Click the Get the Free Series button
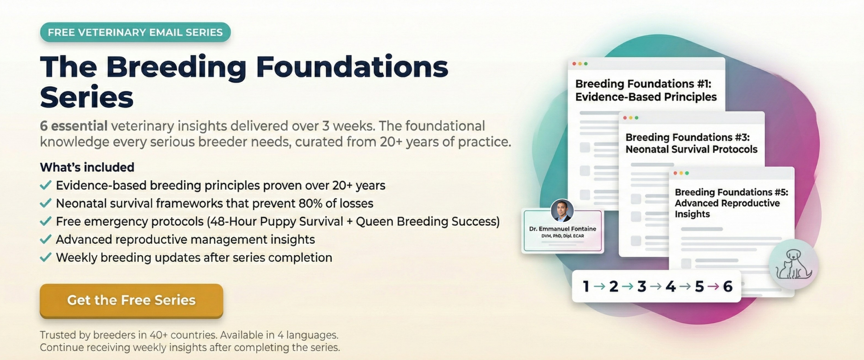(131, 300)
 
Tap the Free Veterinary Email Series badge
(135, 32)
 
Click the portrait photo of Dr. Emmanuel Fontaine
(562, 211)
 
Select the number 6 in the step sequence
(728, 286)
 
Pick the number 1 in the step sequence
(586, 286)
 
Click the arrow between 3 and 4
(656, 286)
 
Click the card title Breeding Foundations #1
(643, 84)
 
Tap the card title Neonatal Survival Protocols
(691, 149)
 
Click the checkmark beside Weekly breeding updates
(45, 257)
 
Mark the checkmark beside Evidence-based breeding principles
(45, 185)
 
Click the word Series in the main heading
(87, 97)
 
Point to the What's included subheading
(87, 167)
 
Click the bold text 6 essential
(73, 126)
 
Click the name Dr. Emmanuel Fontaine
(562, 229)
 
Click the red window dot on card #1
(574, 64)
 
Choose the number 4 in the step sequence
(670, 286)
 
